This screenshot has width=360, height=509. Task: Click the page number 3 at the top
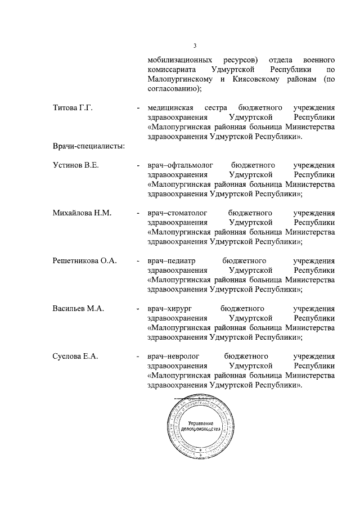(194, 46)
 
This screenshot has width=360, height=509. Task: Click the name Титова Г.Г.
(72, 108)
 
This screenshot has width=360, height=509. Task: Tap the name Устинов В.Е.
(75, 165)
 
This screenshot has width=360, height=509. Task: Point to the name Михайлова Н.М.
(82, 213)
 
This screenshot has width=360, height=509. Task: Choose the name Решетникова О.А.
(84, 261)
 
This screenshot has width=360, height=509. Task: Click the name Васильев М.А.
(78, 309)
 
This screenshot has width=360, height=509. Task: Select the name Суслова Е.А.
(75, 357)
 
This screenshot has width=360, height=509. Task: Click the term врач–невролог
(170, 357)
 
